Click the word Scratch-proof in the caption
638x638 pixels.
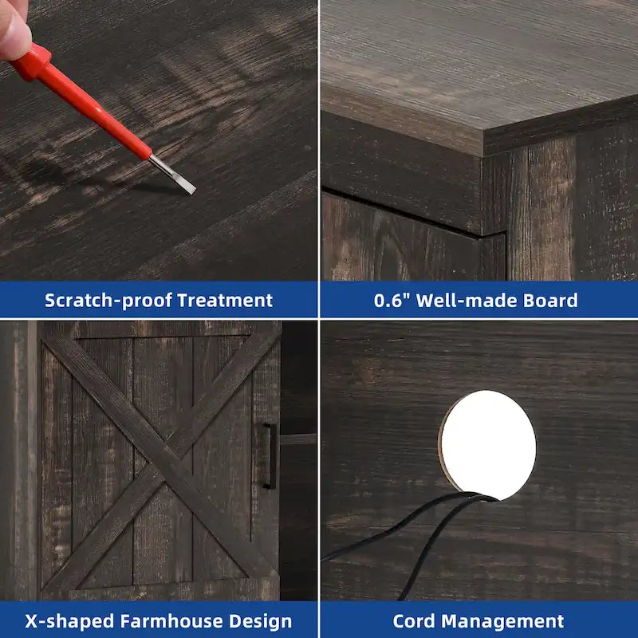[108, 301]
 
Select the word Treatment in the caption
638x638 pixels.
[225, 301]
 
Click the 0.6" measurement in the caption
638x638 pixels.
[392, 301]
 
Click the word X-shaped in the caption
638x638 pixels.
[69, 621]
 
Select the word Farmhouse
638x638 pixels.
[171, 621]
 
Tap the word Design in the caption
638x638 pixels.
[261, 621]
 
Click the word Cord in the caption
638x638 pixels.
[414, 621]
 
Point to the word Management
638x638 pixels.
[502, 621]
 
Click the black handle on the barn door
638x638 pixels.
[270, 455]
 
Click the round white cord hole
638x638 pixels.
[487, 445]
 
